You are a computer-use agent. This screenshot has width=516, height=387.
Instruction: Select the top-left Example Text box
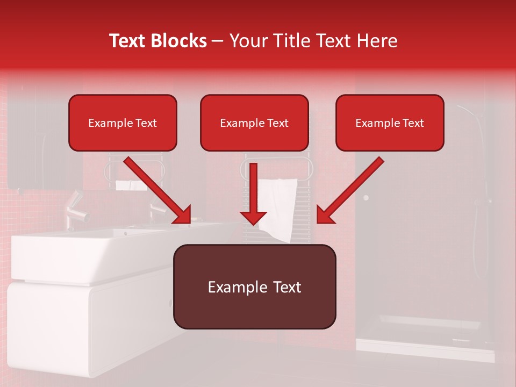(x=123, y=123)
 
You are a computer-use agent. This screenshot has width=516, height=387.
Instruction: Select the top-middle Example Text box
(x=254, y=123)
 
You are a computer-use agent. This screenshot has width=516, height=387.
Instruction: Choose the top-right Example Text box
(x=390, y=123)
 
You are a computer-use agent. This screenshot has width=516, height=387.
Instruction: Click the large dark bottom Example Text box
(x=254, y=287)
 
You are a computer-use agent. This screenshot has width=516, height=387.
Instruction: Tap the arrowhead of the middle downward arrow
(x=253, y=217)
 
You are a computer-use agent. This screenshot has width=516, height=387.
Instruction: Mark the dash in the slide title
(x=218, y=41)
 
